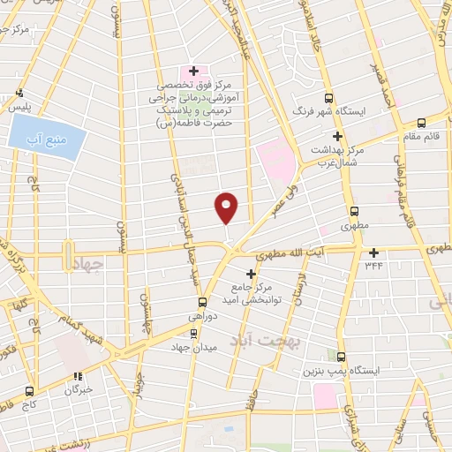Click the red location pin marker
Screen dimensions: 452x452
tap(227, 207)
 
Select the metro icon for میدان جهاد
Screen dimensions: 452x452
tap(194, 333)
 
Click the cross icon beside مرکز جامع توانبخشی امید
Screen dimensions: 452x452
tap(250, 274)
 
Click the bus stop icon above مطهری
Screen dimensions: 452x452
tap(354, 212)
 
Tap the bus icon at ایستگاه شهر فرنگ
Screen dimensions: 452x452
tap(329, 99)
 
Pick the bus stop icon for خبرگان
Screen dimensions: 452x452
tap(79, 374)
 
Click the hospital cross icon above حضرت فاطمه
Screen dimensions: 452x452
tap(193, 71)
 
